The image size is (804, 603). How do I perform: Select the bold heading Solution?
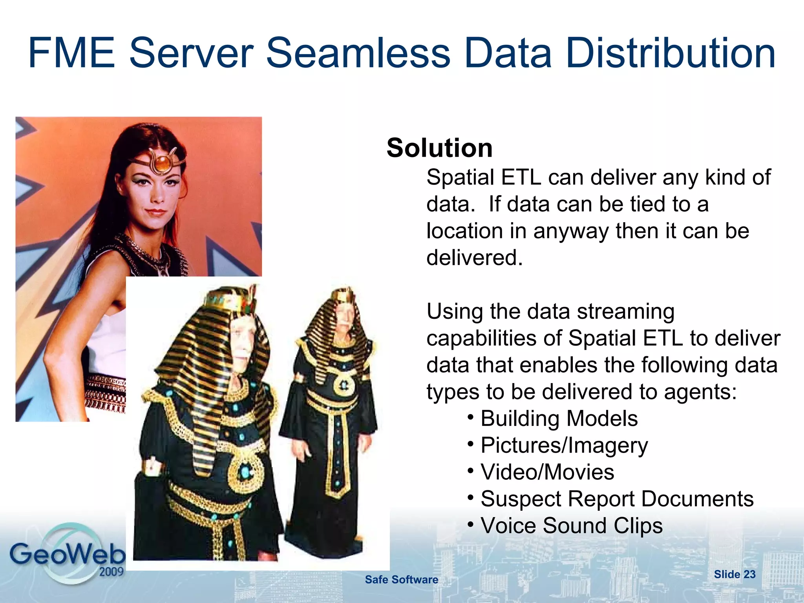[439, 148]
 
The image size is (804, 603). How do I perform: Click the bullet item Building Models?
[559, 418]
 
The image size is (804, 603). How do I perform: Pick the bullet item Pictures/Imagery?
[564, 446]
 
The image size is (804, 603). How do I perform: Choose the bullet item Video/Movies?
[547, 472]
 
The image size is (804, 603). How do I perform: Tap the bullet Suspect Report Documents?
[617, 499]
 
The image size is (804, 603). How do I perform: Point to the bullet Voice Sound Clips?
[571, 526]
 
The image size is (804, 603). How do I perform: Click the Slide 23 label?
[735, 574]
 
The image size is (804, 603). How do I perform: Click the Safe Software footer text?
[401, 580]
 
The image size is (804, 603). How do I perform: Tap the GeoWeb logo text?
[67, 554]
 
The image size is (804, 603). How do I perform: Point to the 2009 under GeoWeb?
[111, 572]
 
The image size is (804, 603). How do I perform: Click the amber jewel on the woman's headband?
[161, 162]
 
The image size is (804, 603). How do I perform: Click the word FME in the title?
[71, 53]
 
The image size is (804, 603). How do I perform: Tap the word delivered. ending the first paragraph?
[475, 258]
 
